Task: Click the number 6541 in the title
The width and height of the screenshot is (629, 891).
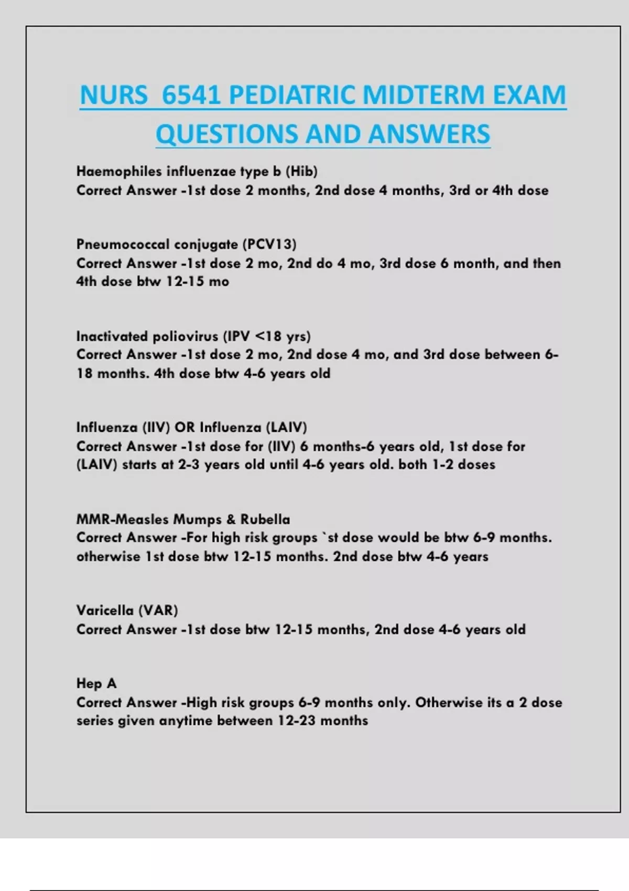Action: coord(191,95)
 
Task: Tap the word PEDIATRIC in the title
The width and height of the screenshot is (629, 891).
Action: coord(292,95)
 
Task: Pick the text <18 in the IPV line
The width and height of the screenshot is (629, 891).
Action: coord(268,336)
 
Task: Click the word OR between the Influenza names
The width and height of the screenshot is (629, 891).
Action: coord(185,427)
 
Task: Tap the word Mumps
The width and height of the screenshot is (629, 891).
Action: coord(198,519)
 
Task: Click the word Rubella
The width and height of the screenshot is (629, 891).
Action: coord(265,519)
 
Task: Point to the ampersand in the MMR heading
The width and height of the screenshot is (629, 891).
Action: coord(231,519)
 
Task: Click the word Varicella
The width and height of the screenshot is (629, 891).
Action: coord(105,611)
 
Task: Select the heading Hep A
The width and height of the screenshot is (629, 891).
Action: coord(96,683)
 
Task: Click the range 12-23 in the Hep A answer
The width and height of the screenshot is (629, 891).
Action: coord(297,721)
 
